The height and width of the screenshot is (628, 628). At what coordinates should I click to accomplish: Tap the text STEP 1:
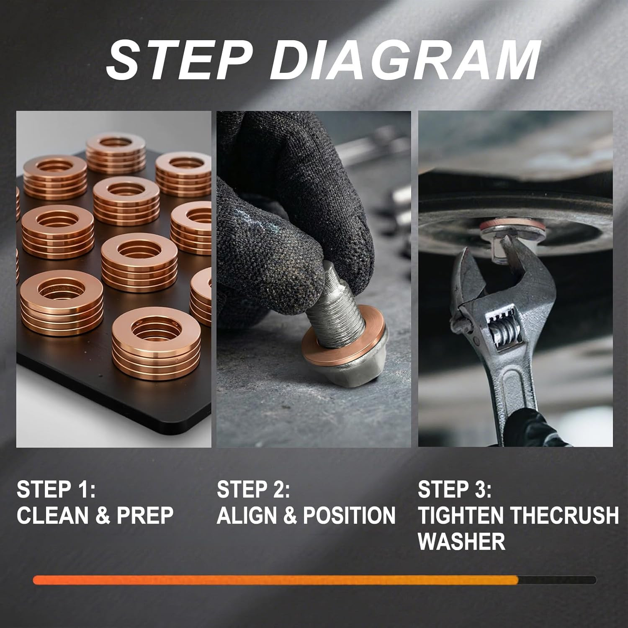tap(56, 489)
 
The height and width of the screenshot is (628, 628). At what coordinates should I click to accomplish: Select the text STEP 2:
tap(253, 489)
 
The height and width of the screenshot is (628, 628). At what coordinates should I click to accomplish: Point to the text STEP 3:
tap(455, 489)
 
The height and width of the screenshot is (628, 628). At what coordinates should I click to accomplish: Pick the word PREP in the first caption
tap(145, 515)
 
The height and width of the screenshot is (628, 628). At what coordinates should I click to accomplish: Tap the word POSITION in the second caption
tap(349, 515)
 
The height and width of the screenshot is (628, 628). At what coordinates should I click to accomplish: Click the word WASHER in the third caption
tap(461, 541)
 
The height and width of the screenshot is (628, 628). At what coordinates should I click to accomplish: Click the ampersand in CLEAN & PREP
tap(103, 516)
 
